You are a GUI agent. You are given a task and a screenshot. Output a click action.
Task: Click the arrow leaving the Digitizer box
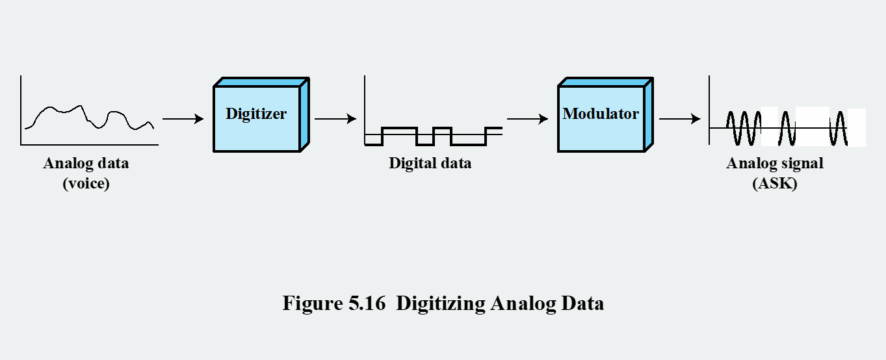coord(335,119)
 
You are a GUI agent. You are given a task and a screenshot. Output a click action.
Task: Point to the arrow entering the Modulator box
coord(527,119)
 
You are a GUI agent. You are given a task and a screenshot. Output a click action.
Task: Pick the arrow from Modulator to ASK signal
coord(679,119)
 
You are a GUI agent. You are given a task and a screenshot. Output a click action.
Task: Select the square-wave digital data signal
coord(433,135)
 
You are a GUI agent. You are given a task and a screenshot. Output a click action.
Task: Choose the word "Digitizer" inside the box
coord(256,114)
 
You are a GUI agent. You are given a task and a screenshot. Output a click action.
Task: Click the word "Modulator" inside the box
coord(601,114)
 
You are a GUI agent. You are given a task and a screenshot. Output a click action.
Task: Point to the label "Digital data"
coord(430,163)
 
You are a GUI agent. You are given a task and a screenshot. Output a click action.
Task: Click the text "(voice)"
coord(86,184)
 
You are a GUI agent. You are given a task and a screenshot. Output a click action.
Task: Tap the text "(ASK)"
coord(775,184)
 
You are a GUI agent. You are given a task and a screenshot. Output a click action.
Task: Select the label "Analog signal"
coord(775,163)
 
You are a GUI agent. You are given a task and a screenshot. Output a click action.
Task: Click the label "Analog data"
coord(86,163)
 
